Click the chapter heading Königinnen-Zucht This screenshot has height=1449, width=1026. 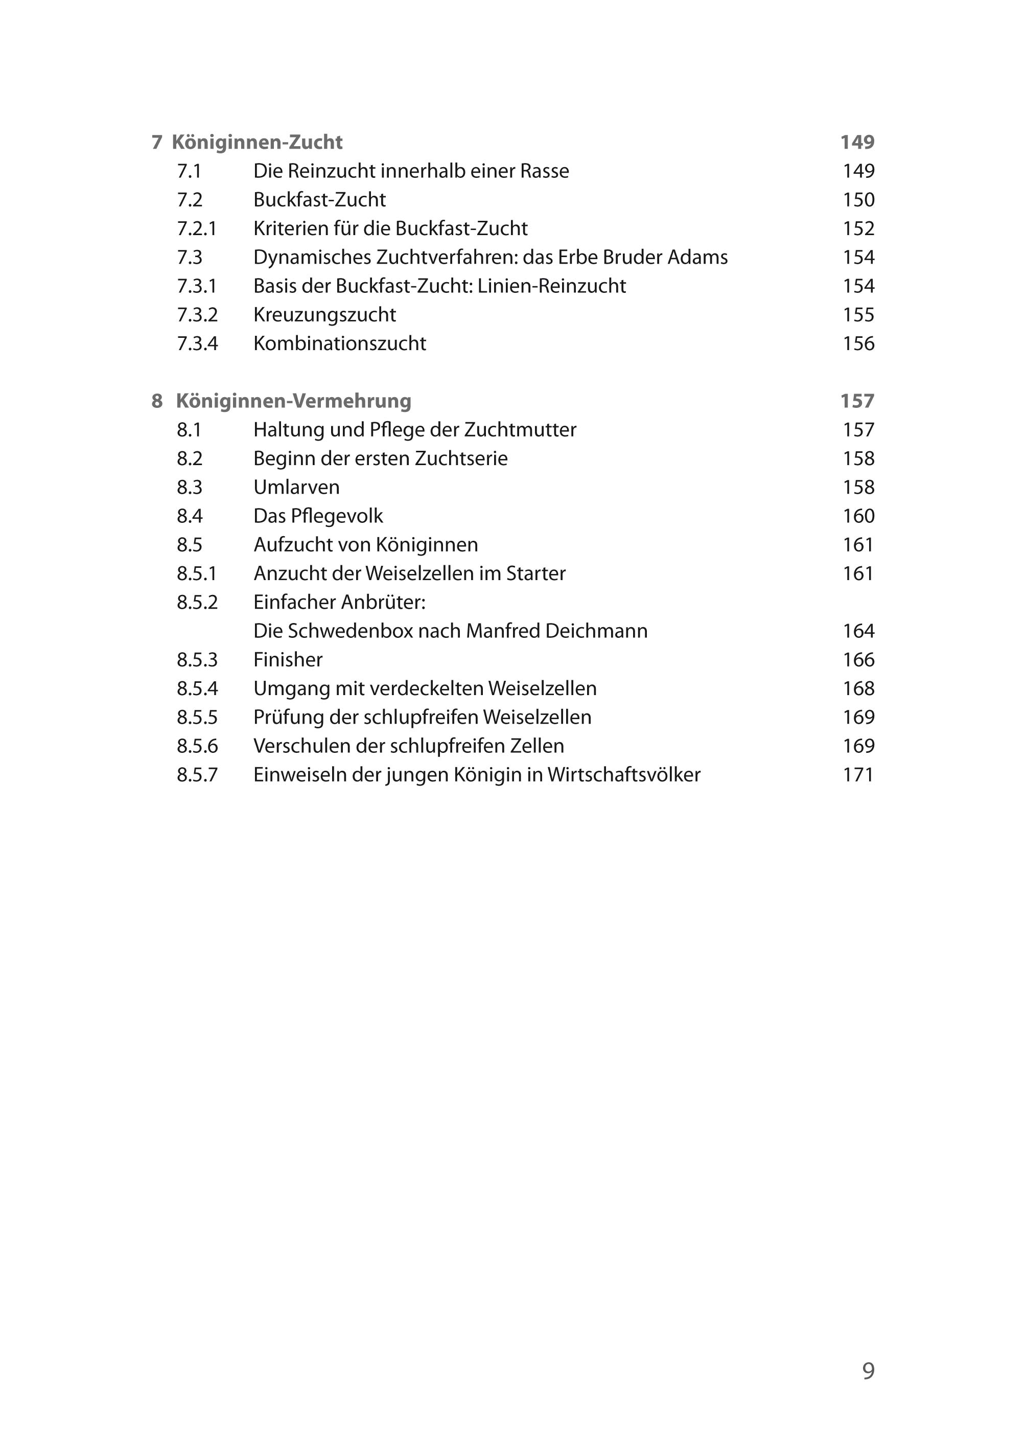click(x=256, y=142)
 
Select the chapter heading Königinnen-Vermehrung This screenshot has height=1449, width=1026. click(x=293, y=401)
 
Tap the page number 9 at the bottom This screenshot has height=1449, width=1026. click(x=868, y=1370)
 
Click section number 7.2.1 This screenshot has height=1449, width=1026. click(x=197, y=229)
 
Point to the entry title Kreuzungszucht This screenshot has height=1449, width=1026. click(x=325, y=315)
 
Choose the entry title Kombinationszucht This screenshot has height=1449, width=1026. click(x=339, y=344)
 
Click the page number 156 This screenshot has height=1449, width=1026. click(x=858, y=344)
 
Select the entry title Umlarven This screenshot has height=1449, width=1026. click(x=296, y=487)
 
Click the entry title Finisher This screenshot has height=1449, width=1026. click(x=288, y=660)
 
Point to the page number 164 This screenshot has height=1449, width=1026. click(x=858, y=631)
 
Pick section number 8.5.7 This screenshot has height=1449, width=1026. click(x=197, y=775)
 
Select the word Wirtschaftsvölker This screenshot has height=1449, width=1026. click(x=623, y=775)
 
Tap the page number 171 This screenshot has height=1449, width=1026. click(x=858, y=775)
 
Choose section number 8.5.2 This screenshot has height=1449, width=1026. click(x=197, y=602)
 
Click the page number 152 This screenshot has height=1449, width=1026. click(x=858, y=229)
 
